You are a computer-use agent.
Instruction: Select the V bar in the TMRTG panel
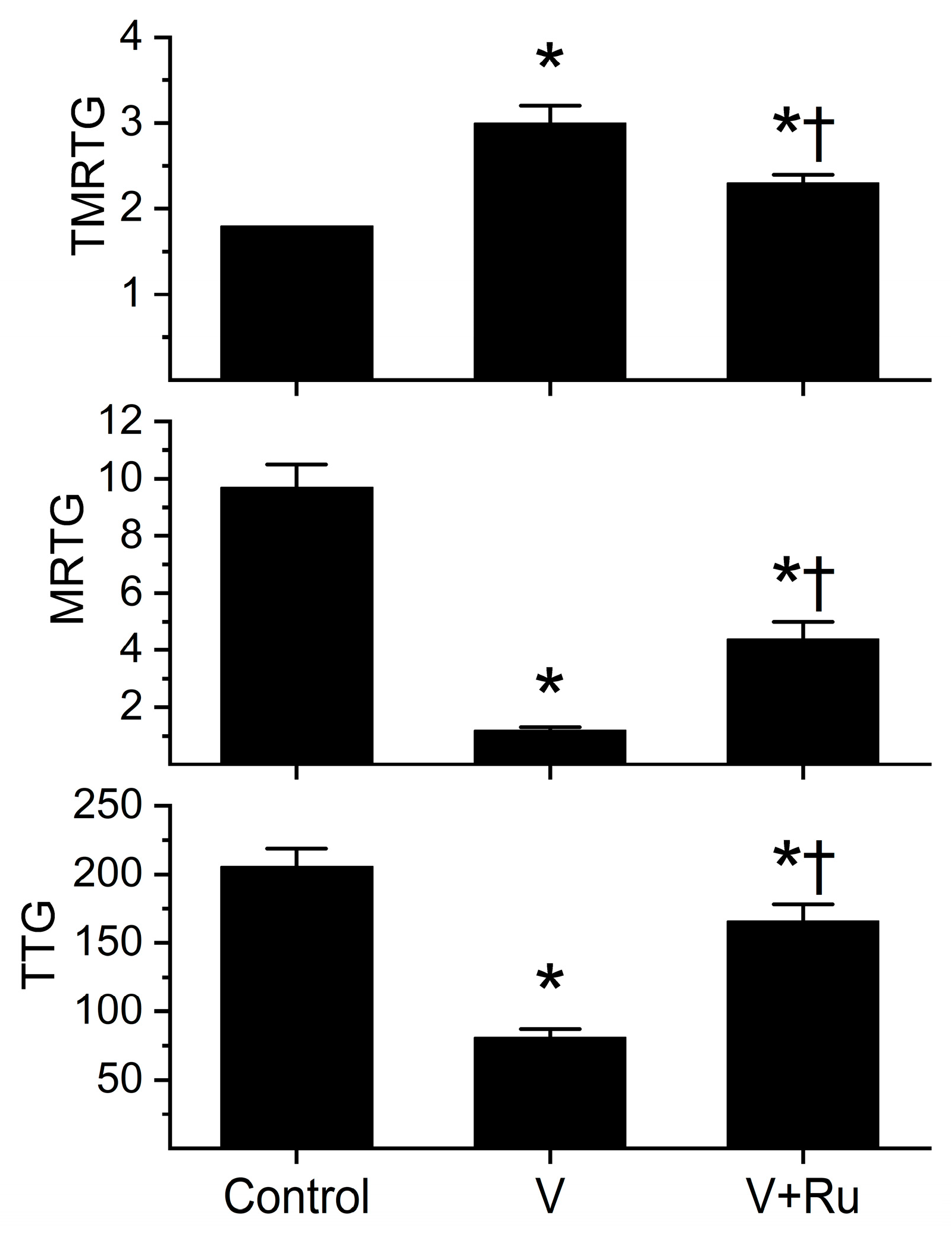(x=550, y=250)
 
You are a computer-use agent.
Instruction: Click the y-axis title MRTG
(x=68, y=559)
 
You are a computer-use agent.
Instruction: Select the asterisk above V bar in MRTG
(x=550, y=682)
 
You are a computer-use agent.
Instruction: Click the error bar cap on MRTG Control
(x=296, y=464)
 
